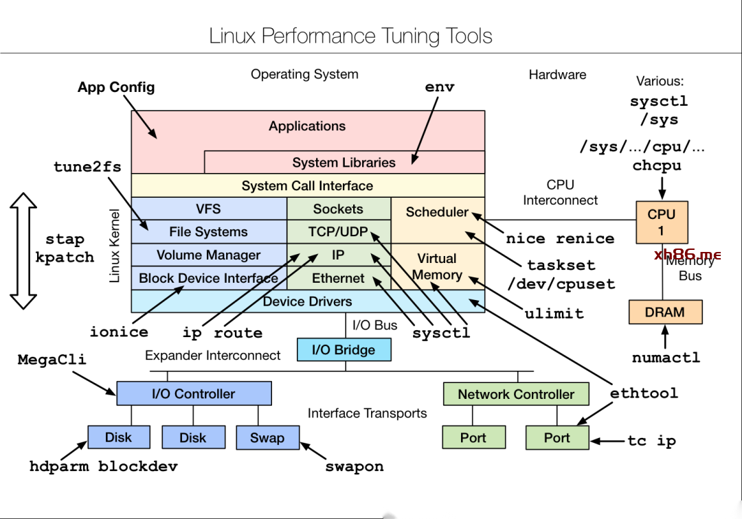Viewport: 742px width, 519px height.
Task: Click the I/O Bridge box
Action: tap(344, 349)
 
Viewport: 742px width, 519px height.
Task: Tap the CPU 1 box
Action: tap(662, 222)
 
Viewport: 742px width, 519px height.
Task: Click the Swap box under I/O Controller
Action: tap(267, 437)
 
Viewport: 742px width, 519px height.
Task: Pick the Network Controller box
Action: tap(515, 394)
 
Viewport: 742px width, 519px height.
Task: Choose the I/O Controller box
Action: tap(194, 393)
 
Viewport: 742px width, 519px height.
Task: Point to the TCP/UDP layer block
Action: tap(338, 231)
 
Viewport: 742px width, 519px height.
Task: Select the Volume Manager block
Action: tap(209, 255)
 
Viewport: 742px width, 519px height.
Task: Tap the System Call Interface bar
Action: tap(307, 185)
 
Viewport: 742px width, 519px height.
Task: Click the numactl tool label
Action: tap(666, 358)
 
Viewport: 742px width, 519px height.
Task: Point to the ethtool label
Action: tap(644, 393)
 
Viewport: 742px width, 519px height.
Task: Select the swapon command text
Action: tap(354, 467)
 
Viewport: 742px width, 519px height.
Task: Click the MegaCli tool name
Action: tap(52, 359)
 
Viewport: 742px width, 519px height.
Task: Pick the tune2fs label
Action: tap(87, 167)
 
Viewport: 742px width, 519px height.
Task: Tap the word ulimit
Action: tap(554, 314)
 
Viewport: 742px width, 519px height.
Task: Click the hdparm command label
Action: tap(60, 467)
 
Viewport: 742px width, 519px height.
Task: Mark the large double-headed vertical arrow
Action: tap(23, 251)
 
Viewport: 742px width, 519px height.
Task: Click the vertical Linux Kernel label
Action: tap(115, 246)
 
